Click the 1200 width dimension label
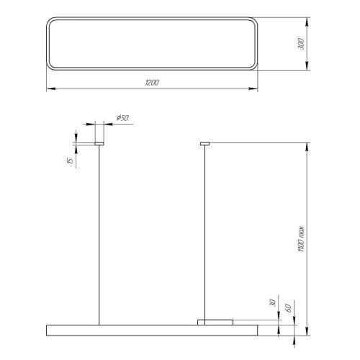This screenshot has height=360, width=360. click(152, 84)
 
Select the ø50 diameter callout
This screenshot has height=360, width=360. click(121, 117)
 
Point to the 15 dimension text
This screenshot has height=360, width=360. click(69, 161)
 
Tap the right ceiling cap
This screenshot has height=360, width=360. click(204, 143)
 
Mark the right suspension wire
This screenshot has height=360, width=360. click(204, 230)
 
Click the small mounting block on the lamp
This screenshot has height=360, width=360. click(215, 321)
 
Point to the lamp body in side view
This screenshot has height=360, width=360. click(151, 330)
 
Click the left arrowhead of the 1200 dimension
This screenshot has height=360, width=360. click(49, 90)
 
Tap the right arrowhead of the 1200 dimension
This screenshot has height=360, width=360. click(255, 90)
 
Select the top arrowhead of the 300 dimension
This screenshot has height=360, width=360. click(307, 20)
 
